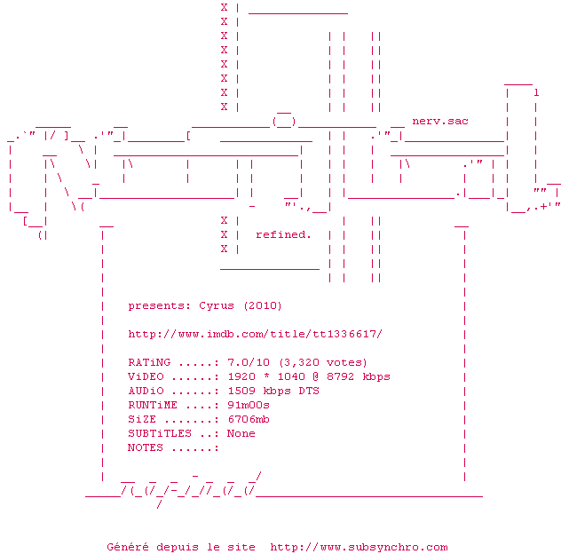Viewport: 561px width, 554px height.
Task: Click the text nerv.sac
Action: [x=440, y=121]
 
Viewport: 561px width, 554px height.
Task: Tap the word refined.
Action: [x=284, y=234]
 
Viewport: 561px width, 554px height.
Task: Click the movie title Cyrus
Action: [x=217, y=305]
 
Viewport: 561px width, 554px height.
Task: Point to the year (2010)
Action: [x=263, y=305]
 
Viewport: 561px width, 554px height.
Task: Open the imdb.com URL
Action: [x=256, y=334]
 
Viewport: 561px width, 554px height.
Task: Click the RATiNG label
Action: [x=149, y=362]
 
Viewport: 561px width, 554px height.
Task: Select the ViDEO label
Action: [x=146, y=376]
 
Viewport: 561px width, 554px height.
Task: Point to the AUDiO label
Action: [x=146, y=391]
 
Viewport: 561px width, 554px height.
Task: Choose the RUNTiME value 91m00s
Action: [x=249, y=405]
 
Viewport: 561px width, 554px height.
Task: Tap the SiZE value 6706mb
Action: [x=249, y=419]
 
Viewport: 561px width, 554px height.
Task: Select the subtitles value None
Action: [x=241, y=433]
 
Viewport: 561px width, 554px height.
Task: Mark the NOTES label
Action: [x=146, y=447]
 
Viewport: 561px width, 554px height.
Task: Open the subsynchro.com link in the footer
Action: [x=359, y=547]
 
